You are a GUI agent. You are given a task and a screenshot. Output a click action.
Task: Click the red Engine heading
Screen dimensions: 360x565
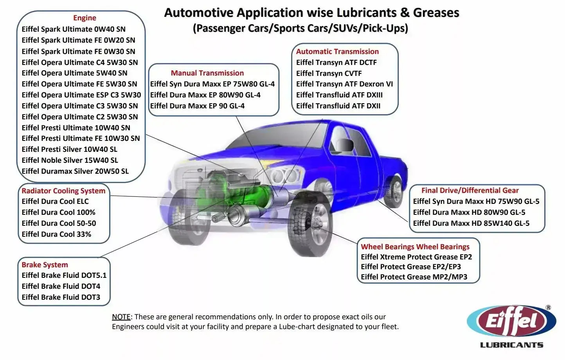[x=85, y=18]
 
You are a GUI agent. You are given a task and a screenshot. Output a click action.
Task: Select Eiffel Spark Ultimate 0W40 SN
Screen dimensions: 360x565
[x=74, y=29]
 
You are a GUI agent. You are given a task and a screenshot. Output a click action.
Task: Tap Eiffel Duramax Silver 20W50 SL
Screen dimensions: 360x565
[x=75, y=171]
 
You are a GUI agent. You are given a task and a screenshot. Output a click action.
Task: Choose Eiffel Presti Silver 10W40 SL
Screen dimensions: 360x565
[x=69, y=149]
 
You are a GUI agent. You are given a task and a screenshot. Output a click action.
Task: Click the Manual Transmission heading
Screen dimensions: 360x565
[x=207, y=73]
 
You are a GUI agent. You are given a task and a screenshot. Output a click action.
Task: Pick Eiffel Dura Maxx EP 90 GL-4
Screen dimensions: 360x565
[x=197, y=106]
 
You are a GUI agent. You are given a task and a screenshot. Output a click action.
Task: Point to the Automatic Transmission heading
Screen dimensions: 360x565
[x=337, y=52]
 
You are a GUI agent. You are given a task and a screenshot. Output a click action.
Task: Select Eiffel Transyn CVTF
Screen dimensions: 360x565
[x=329, y=74]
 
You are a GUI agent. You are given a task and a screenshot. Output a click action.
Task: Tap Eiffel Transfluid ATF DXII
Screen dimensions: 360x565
[x=338, y=106]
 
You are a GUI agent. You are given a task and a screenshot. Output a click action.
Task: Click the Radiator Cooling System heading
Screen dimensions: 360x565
[x=63, y=191]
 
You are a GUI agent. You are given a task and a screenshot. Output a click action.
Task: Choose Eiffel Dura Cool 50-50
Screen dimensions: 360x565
[x=59, y=223]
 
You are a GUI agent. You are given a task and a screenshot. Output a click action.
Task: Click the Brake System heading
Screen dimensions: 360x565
[x=45, y=265]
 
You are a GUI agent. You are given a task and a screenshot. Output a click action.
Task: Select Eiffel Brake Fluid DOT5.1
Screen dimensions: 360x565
[x=64, y=275]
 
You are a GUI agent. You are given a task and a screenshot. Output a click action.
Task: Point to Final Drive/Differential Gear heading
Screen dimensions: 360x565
[x=470, y=191]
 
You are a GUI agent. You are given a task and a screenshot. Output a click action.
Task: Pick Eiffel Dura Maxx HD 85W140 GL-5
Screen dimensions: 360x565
[x=471, y=223]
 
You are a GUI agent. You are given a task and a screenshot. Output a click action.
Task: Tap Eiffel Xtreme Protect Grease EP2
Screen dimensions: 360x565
[x=416, y=257]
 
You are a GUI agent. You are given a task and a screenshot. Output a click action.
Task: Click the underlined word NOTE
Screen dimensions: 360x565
[x=121, y=317]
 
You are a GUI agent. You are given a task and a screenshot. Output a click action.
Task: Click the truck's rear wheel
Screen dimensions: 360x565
[x=393, y=192]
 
